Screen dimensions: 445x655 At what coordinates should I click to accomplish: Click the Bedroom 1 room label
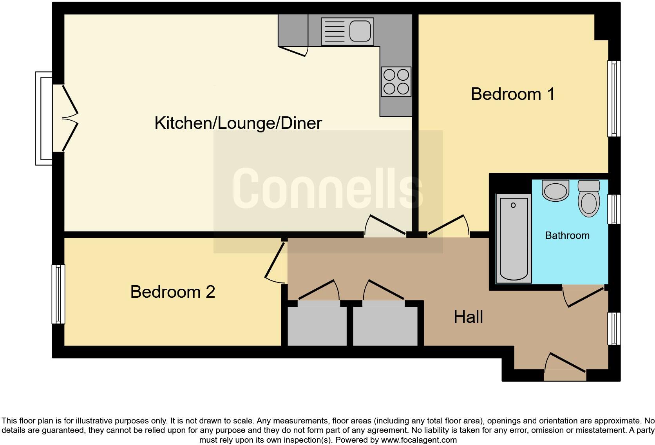click(512, 94)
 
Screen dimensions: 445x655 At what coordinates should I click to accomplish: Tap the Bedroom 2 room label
click(173, 292)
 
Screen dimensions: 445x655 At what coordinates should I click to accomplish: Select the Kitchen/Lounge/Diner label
click(238, 123)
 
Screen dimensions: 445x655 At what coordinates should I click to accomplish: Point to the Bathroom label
click(567, 235)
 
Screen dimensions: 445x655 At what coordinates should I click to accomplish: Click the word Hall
click(468, 317)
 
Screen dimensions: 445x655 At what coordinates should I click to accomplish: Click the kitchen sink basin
click(360, 31)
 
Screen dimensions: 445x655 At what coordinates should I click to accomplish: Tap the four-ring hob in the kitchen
click(396, 81)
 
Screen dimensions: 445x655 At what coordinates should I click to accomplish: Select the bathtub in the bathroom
click(514, 239)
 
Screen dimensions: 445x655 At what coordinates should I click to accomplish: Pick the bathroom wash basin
click(555, 190)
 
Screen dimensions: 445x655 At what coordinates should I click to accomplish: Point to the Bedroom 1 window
click(614, 99)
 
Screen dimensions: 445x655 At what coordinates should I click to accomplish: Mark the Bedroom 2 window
click(58, 294)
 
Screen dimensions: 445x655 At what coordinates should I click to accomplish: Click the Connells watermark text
click(327, 188)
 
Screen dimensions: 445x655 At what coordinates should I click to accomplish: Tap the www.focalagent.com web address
click(419, 440)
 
